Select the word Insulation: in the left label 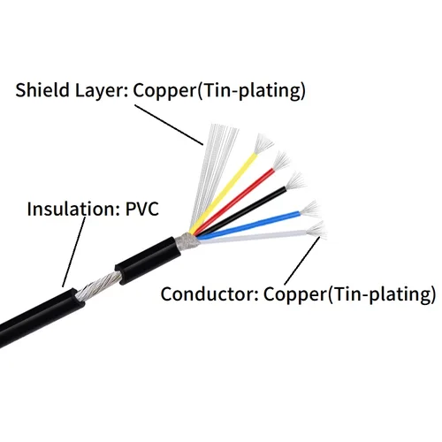click(x=68, y=210)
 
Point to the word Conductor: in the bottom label click(x=204, y=293)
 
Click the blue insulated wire click(x=256, y=224)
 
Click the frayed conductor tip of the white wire click(x=316, y=231)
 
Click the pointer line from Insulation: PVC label click(x=75, y=252)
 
